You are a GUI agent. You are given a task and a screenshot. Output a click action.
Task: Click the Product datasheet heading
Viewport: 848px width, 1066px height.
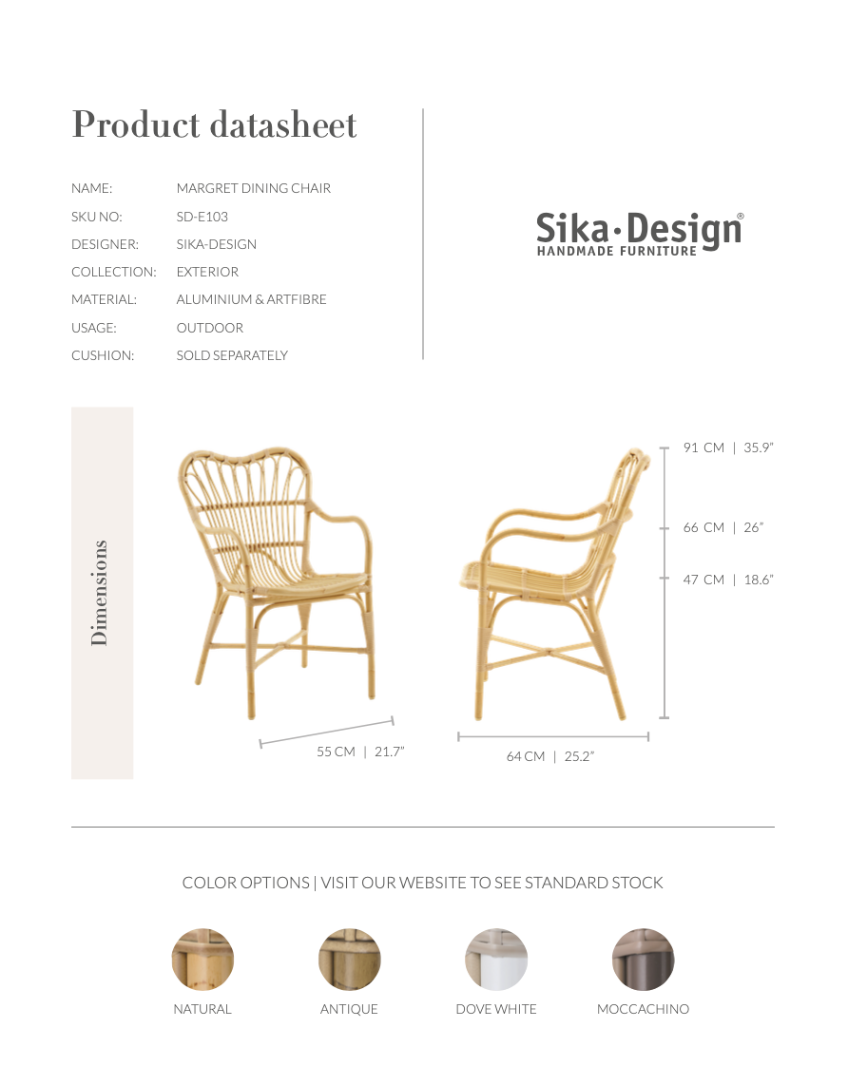pyautogui.click(x=214, y=125)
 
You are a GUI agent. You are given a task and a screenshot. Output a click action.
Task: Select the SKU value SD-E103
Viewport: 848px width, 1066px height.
pyautogui.click(x=202, y=217)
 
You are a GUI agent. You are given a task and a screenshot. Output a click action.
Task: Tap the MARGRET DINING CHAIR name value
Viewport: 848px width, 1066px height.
pyautogui.click(x=254, y=188)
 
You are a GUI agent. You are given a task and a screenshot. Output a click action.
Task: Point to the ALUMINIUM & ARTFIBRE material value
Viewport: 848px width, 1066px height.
pyautogui.click(x=251, y=299)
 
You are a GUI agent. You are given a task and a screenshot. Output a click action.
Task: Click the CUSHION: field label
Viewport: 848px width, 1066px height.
pyautogui.click(x=103, y=355)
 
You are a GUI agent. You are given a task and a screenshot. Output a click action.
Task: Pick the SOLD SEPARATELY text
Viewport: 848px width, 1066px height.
pyautogui.click(x=232, y=355)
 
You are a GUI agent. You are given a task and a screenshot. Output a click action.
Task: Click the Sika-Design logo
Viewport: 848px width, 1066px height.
pyautogui.click(x=640, y=234)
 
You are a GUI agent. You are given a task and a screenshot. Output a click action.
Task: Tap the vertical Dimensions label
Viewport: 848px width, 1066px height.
pyautogui.click(x=100, y=593)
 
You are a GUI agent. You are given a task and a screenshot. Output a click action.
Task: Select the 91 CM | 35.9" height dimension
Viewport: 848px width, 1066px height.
pyautogui.click(x=728, y=447)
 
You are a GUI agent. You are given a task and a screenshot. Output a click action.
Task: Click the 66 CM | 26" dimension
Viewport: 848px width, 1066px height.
pyautogui.click(x=723, y=527)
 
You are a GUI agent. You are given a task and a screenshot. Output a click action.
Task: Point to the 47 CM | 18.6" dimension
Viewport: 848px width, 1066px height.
pyautogui.click(x=728, y=580)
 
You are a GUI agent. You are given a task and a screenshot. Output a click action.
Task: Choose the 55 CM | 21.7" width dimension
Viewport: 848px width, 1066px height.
pyautogui.click(x=360, y=752)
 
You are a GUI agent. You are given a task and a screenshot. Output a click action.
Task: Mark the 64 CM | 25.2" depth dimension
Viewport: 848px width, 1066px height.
pyautogui.click(x=550, y=756)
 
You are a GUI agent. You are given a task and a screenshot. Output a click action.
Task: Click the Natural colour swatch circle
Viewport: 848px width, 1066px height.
pyautogui.click(x=202, y=960)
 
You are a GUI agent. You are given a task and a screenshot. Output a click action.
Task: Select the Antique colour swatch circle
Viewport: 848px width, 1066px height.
pyautogui.click(x=349, y=960)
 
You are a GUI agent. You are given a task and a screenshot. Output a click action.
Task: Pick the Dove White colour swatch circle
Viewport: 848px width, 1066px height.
pyautogui.click(x=496, y=960)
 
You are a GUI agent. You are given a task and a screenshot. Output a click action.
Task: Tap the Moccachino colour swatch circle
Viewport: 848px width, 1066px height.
pyautogui.click(x=643, y=960)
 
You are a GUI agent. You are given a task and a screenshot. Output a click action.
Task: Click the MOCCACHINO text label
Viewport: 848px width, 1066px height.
pyautogui.click(x=643, y=1009)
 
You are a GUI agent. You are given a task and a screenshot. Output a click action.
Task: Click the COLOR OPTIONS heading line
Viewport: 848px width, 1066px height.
pyautogui.click(x=422, y=883)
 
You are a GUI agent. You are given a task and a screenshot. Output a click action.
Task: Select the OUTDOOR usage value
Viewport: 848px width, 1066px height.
pyautogui.click(x=210, y=328)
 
